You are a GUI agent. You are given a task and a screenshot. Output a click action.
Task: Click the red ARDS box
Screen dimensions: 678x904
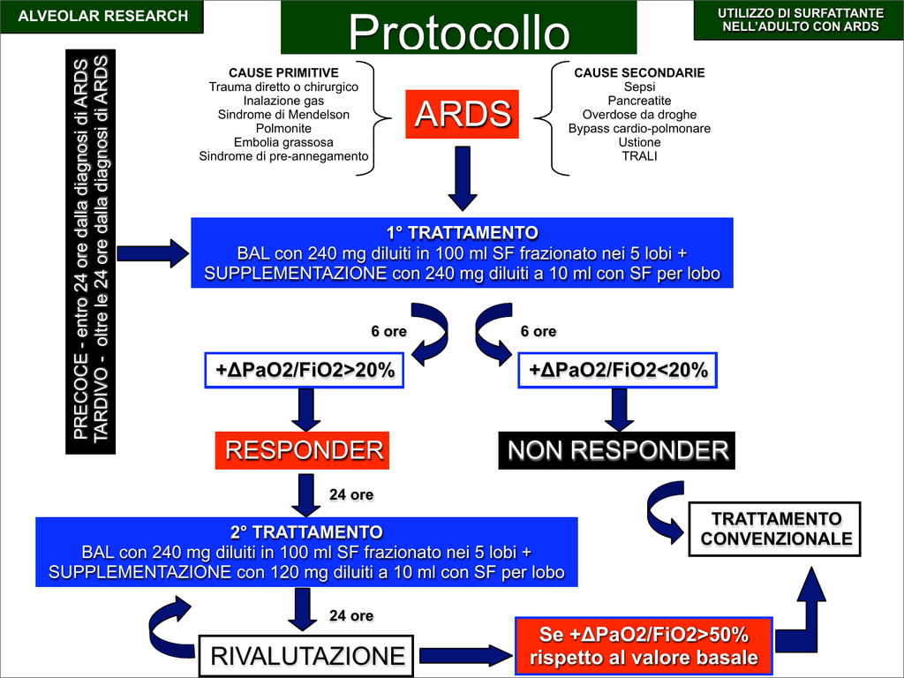pyautogui.click(x=462, y=114)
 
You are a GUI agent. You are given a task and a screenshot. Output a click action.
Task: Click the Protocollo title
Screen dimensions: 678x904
pyautogui.click(x=458, y=33)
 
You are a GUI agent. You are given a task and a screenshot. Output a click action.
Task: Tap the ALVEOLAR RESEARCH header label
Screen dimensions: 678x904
pyautogui.click(x=103, y=16)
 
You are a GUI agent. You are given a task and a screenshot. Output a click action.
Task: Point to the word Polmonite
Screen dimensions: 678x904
pyautogui.click(x=283, y=128)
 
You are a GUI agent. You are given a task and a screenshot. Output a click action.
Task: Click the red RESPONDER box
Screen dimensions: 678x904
pyautogui.click(x=304, y=450)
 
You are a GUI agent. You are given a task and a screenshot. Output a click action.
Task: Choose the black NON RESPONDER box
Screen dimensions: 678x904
pyautogui.click(x=617, y=450)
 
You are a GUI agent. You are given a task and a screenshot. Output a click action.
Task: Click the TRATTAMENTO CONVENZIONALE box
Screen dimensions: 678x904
pyautogui.click(x=776, y=529)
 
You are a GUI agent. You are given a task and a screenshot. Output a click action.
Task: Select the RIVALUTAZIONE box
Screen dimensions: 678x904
pyautogui.click(x=306, y=656)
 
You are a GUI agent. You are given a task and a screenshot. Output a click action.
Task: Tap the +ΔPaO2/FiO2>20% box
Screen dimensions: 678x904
pyautogui.click(x=305, y=371)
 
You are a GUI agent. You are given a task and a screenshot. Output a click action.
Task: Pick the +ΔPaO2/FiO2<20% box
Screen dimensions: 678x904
pyautogui.click(x=617, y=371)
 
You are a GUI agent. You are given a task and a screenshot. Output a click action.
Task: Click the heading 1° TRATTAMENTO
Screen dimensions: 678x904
pyautogui.click(x=462, y=233)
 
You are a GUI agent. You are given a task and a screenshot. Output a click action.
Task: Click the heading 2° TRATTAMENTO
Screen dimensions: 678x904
pyautogui.click(x=306, y=532)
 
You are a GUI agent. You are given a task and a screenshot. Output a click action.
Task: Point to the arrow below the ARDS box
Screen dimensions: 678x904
pyautogui.click(x=462, y=174)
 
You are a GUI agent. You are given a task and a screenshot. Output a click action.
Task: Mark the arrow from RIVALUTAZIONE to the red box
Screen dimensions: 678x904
pyautogui.click(x=465, y=656)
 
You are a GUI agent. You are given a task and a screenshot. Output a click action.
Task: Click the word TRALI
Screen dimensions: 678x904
pyautogui.click(x=639, y=156)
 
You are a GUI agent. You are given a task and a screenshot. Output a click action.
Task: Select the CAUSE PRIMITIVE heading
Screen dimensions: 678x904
pyautogui.click(x=283, y=72)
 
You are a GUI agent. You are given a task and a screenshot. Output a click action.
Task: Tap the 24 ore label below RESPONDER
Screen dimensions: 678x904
pyautogui.click(x=351, y=494)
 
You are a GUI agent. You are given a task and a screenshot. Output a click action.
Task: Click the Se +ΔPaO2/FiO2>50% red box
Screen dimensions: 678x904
pyautogui.click(x=644, y=645)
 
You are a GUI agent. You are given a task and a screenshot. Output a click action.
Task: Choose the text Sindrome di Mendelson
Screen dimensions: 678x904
pyautogui.click(x=283, y=115)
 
